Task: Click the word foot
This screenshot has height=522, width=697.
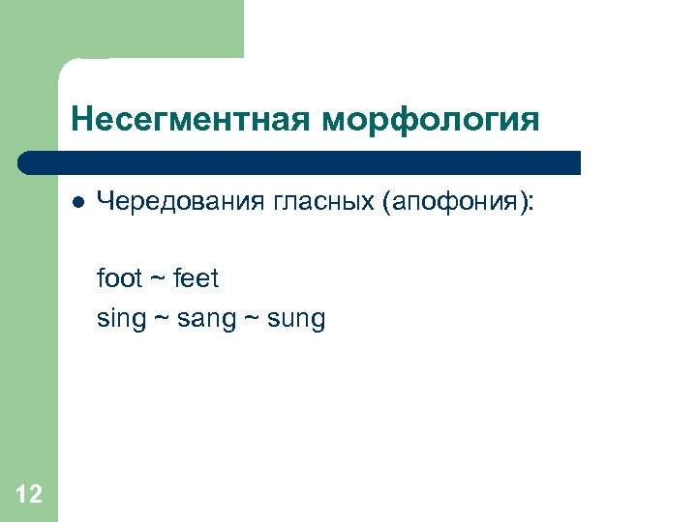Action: (119, 279)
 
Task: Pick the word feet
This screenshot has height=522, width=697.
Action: (197, 279)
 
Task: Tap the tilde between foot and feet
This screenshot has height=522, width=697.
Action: (158, 280)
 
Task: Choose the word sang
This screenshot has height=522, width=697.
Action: (206, 319)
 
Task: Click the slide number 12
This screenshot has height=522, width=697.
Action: (29, 496)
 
